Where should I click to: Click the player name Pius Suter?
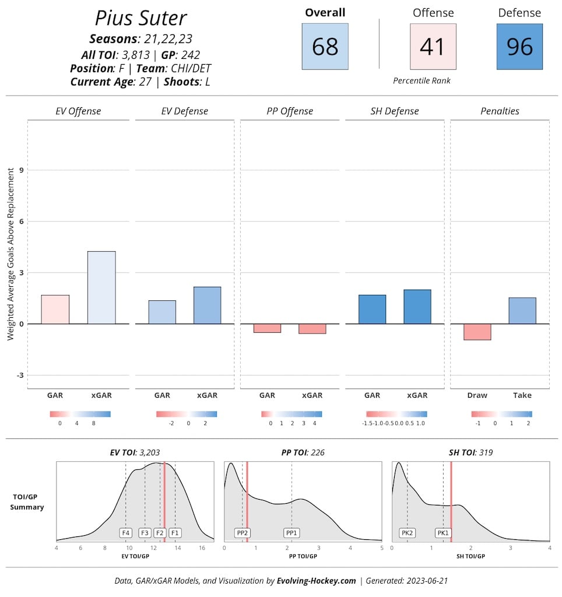pos(140,18)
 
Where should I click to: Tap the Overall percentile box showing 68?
pos(325,47)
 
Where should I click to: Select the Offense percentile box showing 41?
pos(433,47)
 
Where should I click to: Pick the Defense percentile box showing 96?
pos(519,47)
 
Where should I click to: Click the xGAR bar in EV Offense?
pos(101,287)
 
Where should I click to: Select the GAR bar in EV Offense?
pos(55,309)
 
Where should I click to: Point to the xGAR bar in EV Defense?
pos(207,305)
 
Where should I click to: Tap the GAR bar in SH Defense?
pos(372,309)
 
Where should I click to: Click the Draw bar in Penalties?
pos(477,332)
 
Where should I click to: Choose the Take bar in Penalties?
pos(522,311)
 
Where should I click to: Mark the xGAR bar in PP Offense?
pos(312,329)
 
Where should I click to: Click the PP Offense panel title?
pos(290,111)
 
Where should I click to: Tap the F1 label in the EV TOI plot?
pos(175,532)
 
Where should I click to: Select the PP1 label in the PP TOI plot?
pos(291,532)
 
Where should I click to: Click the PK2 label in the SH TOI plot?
pos(407,532)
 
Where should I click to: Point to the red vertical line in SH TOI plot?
pos(451,501)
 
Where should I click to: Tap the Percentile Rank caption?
pos(421,80)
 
